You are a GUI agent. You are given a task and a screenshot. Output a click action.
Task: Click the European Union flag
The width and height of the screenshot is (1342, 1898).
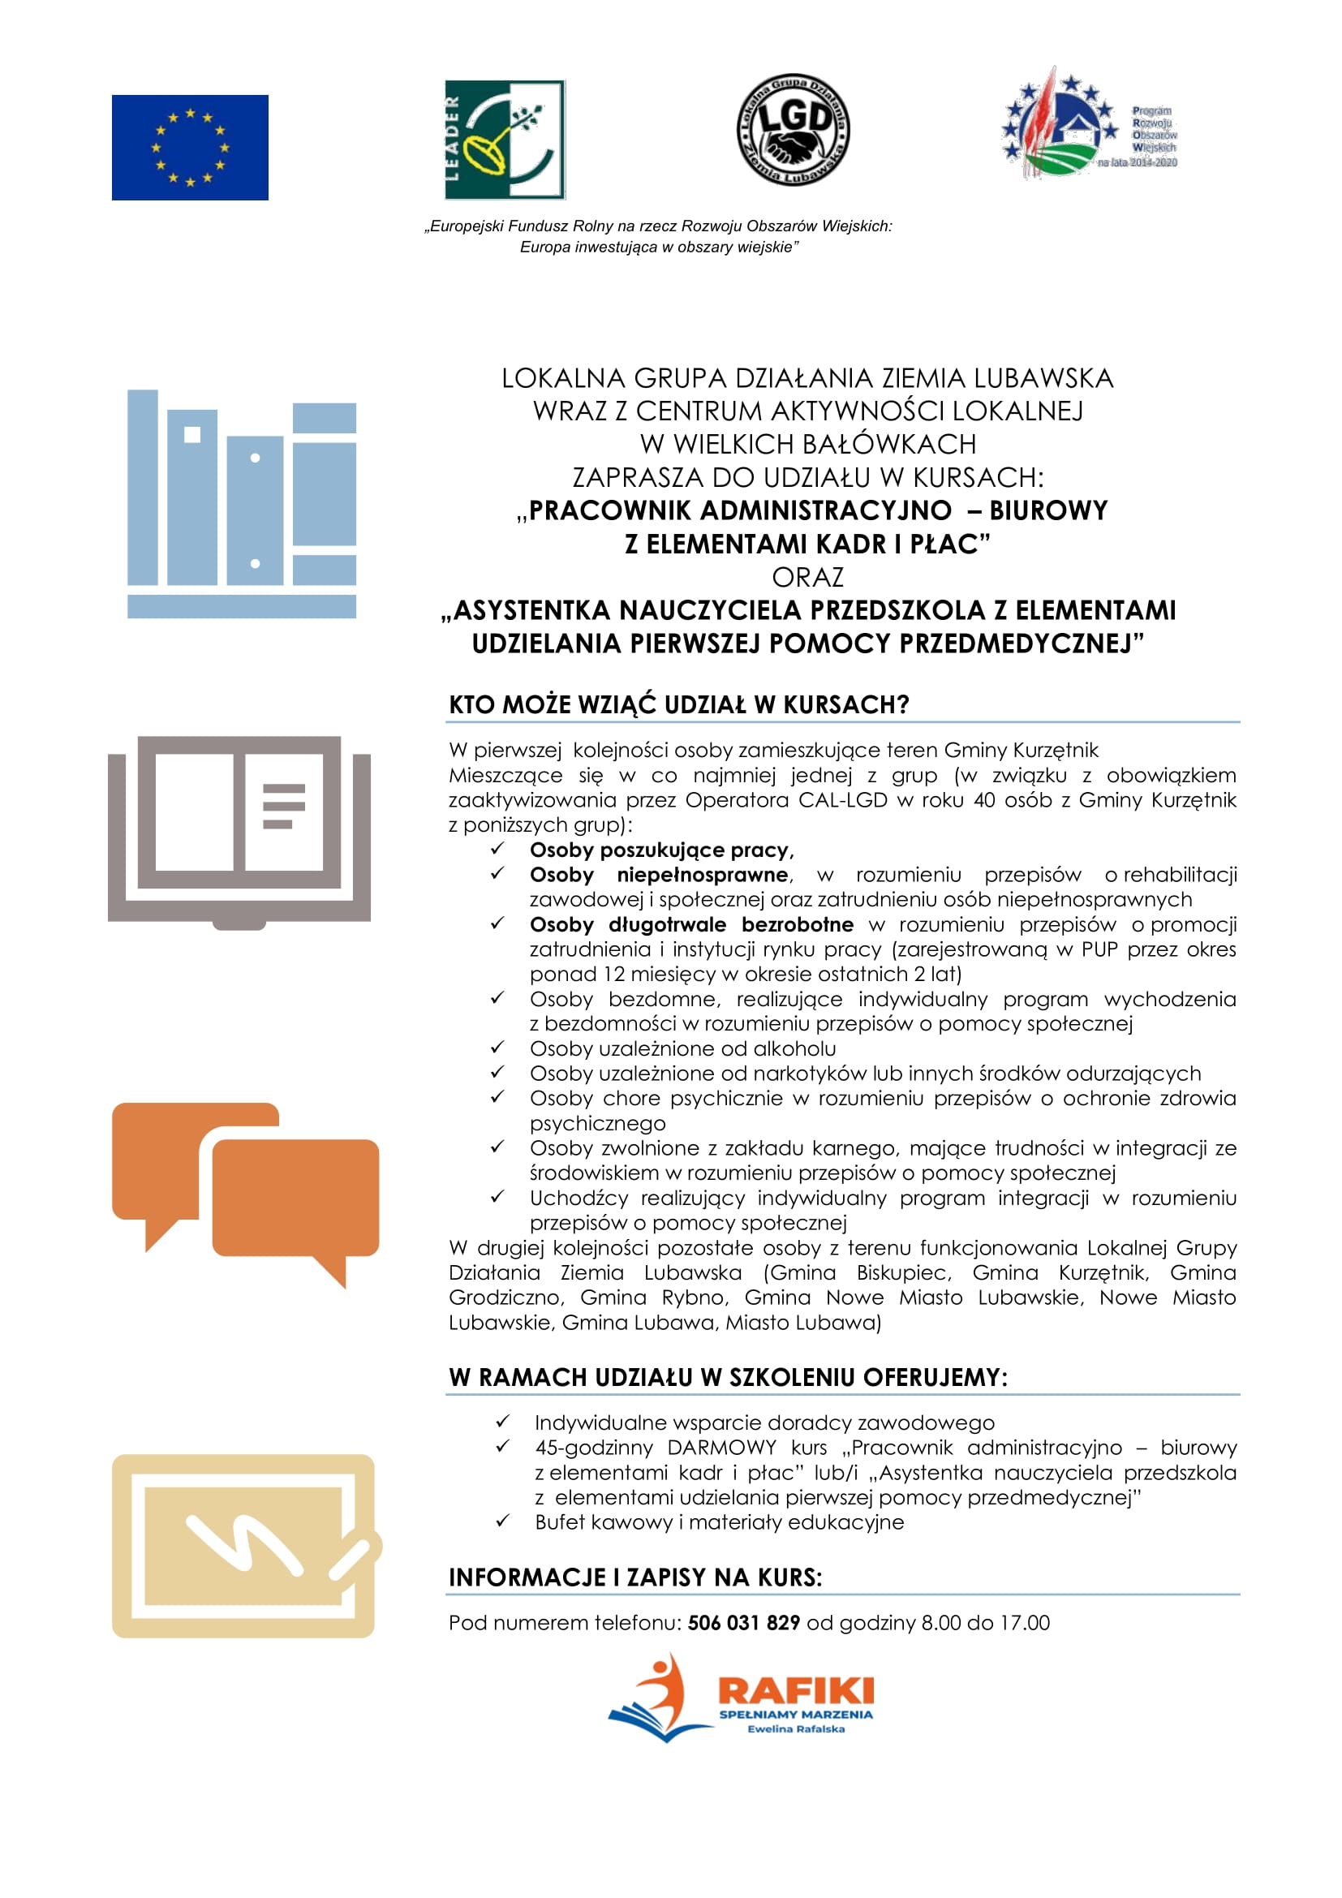190,147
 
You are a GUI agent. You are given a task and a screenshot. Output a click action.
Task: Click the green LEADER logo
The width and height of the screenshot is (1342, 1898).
504,140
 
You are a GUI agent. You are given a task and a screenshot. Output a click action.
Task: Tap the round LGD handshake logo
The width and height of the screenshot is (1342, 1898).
793,130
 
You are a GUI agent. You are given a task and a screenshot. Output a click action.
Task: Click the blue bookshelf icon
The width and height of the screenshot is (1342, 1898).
241,504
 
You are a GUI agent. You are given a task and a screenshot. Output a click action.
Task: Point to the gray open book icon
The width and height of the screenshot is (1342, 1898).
239,831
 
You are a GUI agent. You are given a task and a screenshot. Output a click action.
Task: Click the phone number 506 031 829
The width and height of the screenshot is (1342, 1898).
743,1623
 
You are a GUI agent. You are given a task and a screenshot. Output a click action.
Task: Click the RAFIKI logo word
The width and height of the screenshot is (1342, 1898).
795,1689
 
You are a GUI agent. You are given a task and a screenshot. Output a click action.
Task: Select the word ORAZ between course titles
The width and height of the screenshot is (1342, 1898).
807,577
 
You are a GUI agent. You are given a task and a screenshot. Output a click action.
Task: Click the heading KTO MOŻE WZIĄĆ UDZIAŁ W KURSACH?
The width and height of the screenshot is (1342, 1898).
678,704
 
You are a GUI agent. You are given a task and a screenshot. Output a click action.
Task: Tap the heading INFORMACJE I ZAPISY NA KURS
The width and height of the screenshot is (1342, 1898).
634,1577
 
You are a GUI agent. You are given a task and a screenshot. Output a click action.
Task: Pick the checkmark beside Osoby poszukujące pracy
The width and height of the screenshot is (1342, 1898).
497,849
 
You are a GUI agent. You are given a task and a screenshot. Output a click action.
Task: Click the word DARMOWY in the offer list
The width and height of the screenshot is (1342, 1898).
721,1448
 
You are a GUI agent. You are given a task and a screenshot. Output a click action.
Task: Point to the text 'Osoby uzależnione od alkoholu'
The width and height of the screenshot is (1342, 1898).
682,1048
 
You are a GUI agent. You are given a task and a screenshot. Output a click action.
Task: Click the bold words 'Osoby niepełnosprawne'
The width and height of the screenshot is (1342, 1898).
660,875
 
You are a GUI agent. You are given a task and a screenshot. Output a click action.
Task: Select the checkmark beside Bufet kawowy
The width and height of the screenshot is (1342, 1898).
502,1521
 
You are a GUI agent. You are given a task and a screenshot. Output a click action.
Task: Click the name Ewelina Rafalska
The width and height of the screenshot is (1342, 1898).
795,1728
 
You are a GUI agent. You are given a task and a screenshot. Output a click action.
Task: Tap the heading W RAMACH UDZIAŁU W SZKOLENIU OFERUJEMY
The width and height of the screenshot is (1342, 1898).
727,1377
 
